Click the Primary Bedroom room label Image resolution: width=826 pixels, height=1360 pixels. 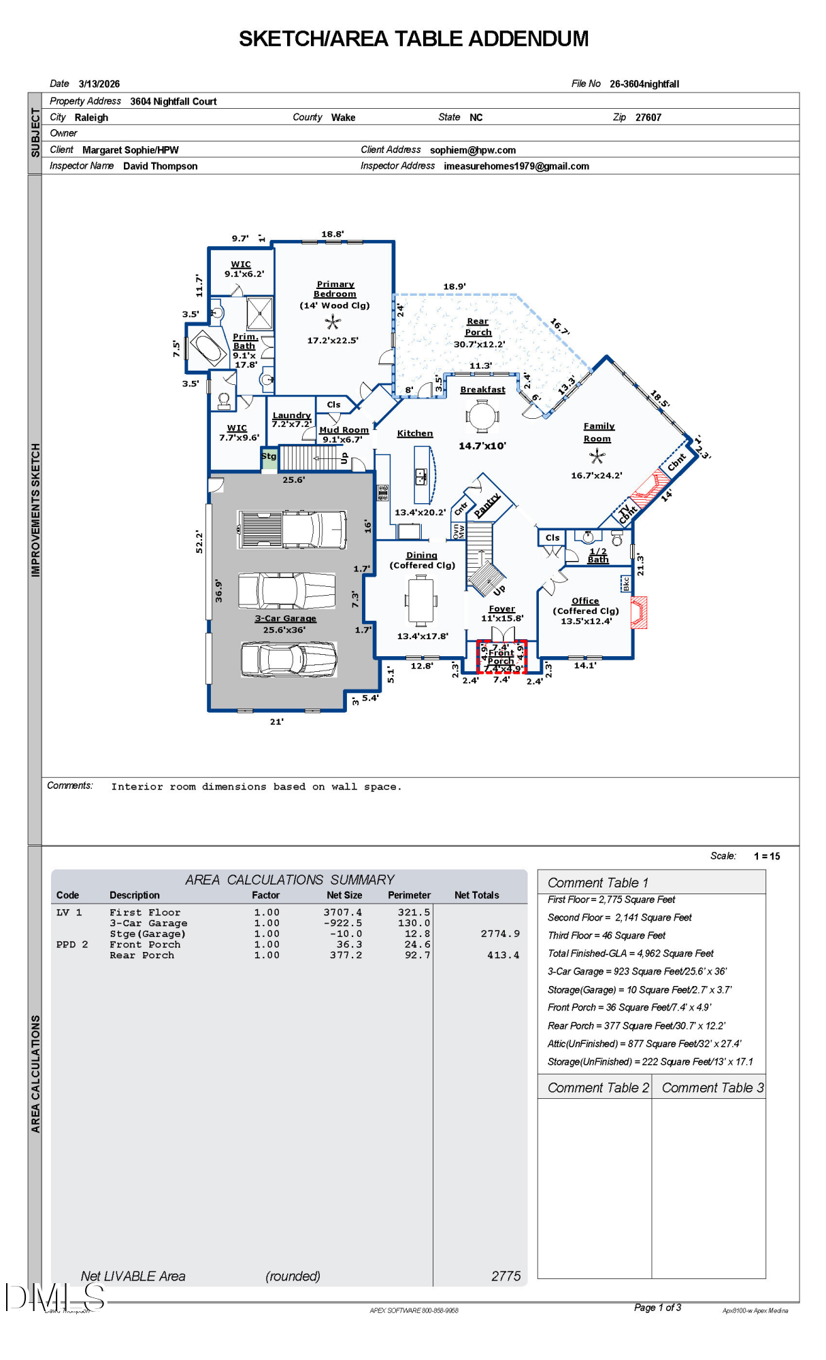tap(335, 289)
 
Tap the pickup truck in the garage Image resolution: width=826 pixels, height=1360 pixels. tap(291, 529)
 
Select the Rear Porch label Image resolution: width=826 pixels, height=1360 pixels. tap(478, 327)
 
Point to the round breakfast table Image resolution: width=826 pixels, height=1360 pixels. tap(482, 416)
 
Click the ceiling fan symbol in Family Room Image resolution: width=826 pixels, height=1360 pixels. tap(597, 457)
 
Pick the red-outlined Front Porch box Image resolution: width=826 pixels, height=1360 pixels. tap(501, 656)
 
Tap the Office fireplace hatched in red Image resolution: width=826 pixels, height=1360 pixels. tap(640, 612)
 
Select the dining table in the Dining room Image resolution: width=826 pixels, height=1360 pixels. tap(421, 599)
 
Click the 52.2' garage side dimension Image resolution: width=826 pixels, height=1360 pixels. tap(199, 541)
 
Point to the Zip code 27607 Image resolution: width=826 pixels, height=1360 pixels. tap(648, 118)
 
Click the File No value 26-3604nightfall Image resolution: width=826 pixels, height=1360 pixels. tap(644, 84)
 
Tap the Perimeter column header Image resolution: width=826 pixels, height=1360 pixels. tap(409, 896)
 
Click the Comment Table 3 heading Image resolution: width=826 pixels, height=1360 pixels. tap(712, 1088)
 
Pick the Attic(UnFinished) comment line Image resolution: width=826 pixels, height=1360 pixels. tap(644, 1044)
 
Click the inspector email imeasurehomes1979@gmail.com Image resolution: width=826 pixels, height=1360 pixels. tap(516, 167)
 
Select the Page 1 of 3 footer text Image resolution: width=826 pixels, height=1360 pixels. tap(657, 1308)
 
